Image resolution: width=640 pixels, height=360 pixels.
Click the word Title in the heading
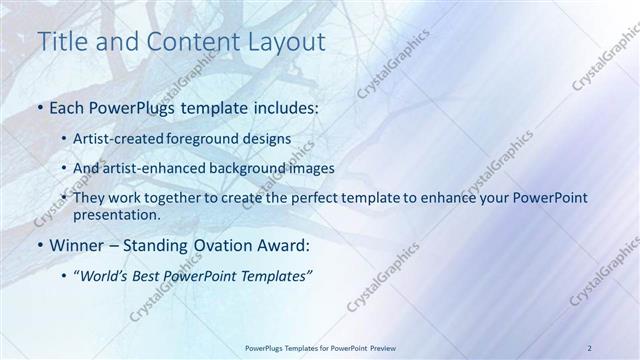(x=59, y=42)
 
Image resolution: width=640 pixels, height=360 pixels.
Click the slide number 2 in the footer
(x=589, y=348)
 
